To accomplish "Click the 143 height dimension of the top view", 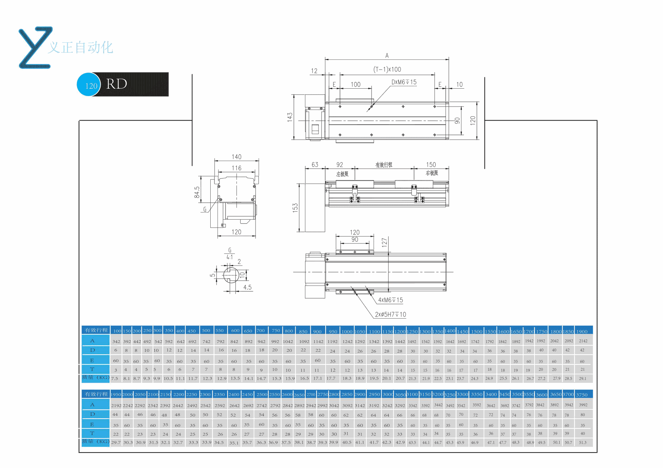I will [x=290, y=117].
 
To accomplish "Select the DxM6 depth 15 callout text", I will [x=404, y=82].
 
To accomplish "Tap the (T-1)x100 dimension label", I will [x=387, y=69].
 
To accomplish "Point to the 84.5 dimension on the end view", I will [x=197, y=192].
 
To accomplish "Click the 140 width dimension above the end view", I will [x=237, y=157].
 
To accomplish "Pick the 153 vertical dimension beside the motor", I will [x=295, y=208].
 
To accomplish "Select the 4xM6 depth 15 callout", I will [x=391, y=300].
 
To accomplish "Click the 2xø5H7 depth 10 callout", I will [x=391, y=315].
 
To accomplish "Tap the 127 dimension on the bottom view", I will [x=384, y=242].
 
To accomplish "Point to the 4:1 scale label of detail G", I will [x=230, y=257].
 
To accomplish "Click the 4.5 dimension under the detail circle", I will [x=247, y=287].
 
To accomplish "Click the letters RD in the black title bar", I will [x=117, y=84].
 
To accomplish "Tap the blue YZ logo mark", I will [x=36, y=48].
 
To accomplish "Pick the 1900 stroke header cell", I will [x=582, y=331].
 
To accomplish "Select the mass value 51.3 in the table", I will [x=583, y=442].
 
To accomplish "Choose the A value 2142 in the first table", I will [x=583, y=341].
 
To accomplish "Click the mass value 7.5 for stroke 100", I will [x=115, y=379].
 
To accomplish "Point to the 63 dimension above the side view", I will [x=315, y=165].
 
